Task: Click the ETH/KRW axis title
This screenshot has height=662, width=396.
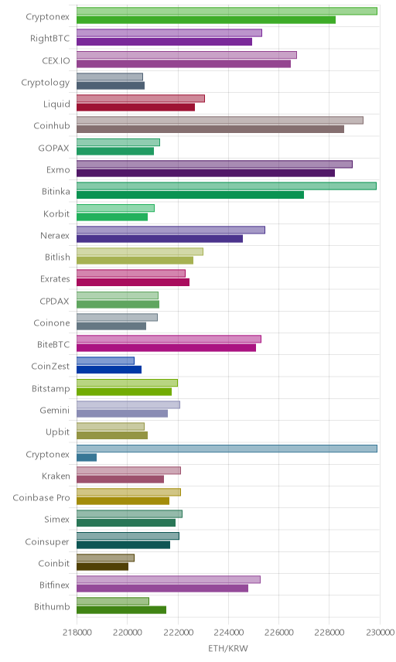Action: [228, 648]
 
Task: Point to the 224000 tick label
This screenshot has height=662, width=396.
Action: [228, 633]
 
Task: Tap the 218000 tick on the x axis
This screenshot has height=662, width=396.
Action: [77, 633]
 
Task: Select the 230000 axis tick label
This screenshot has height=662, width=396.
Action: [380, 633]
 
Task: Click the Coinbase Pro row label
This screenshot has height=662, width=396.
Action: [41, 498]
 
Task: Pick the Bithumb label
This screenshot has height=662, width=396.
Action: [52, 606]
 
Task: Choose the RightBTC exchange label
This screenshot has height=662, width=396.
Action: [49, 39]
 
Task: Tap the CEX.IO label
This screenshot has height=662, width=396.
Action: [56, 60]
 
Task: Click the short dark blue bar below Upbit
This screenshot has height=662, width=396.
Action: [87, 457]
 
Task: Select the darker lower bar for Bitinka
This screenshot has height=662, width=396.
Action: [190, 195]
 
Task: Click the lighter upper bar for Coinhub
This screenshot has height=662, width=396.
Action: [220, 121]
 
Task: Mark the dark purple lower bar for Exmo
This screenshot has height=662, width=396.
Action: [206, 173]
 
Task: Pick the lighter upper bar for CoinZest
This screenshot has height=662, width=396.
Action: [105, 360]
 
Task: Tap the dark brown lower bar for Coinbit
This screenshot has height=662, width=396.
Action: [103, 567]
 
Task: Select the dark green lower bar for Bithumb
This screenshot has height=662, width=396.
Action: [121, 610]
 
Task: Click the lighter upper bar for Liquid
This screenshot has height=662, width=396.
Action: [141, 98]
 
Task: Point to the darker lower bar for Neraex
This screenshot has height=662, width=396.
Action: [159, 238]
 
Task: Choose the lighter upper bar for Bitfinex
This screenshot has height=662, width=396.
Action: [169, 579]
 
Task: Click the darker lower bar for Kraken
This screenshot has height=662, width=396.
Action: [121, 479]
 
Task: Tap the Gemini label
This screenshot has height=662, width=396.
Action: [54, 411]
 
